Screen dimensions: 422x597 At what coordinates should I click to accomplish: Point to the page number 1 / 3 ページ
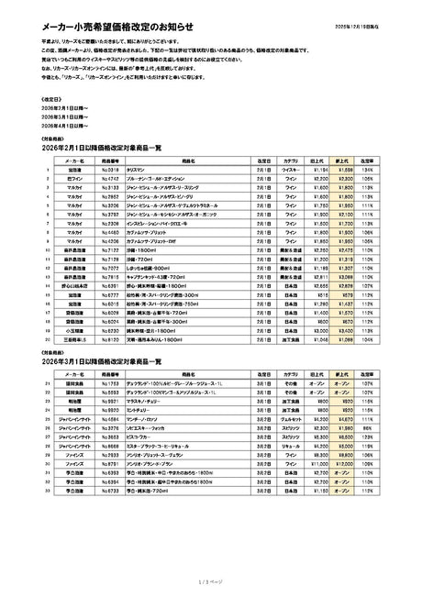click(x=210, y=580)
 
